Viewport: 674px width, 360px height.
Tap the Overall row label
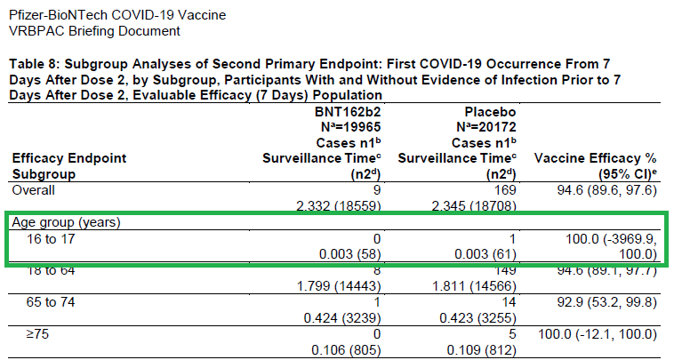33,189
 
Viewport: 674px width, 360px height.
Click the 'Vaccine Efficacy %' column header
593,158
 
